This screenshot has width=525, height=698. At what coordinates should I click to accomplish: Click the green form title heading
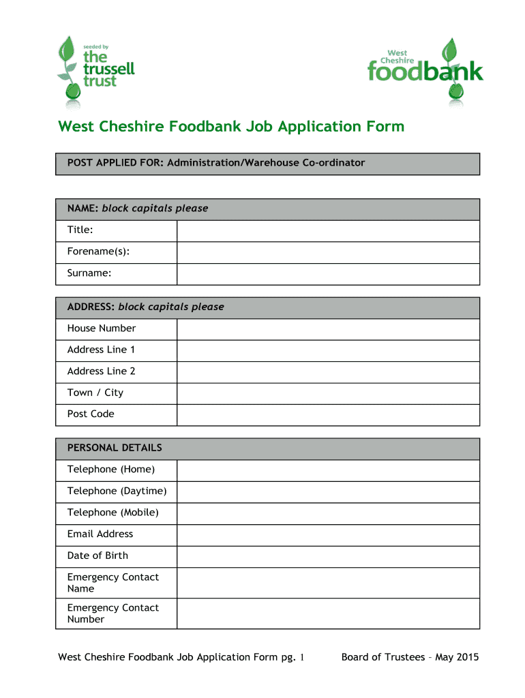click(x=231, y=127)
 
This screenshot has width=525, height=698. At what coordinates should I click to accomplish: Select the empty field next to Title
click(x=328, y=231)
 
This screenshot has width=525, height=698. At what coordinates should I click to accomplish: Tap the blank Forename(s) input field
click(x=328, y=252)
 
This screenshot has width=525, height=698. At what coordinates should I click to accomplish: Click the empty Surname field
click(x=328, y=274)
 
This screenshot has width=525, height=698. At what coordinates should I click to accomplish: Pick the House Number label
click(x=102, y=329)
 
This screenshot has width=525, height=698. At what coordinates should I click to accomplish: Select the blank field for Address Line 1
click(x=328, y=350)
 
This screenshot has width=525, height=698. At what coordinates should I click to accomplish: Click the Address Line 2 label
click(x=102, y=371)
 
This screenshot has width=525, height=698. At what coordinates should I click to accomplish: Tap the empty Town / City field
click(x=328, y=393)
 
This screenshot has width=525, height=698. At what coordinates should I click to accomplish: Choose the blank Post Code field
click(x=328, y=414)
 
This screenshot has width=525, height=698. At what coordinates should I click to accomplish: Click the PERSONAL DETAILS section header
click(x=115, y=449)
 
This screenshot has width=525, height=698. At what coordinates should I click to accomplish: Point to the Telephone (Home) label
click(x=111, y=470)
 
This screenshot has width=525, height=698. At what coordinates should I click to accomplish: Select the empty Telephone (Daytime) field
click(x=328, y=491)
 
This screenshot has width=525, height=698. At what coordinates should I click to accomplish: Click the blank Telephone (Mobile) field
click(x=328, y=513)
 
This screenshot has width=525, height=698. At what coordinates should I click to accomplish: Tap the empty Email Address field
click(x=328, y=534)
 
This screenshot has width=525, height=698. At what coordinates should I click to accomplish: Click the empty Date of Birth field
click(x=328, y=556)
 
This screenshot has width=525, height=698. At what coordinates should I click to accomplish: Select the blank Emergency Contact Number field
click(x=328, y=613)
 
